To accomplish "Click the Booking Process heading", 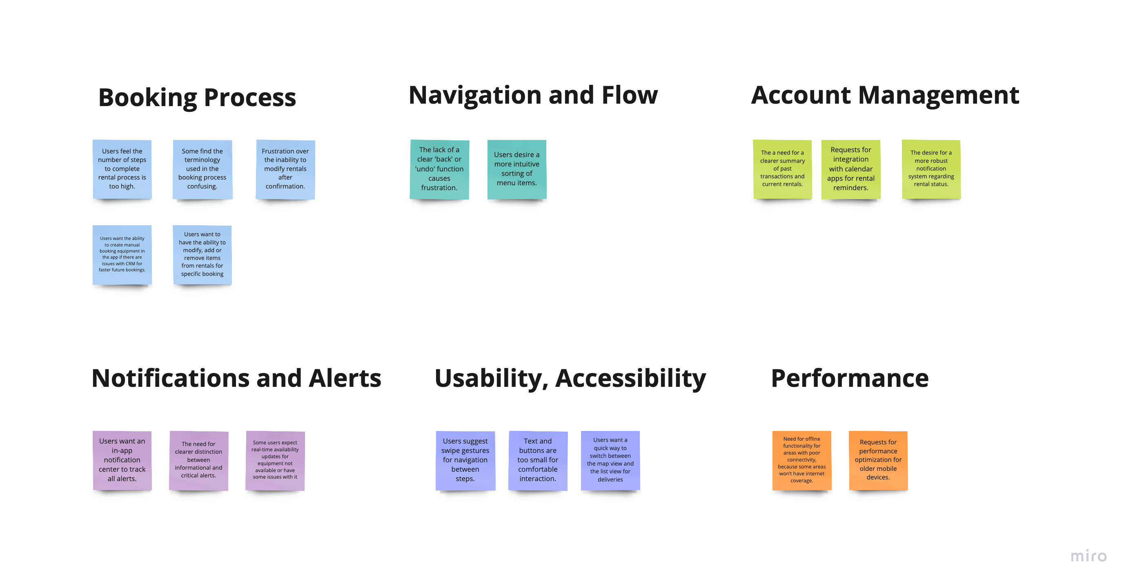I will click(x=197, y=97).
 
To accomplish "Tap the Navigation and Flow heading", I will click(x=533, y=95).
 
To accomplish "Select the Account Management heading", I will click(x=885, y=95).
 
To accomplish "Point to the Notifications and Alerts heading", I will click(x=236, y=378).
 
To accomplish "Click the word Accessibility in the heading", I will click(x=630, y=378).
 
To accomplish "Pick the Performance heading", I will click(x=850, y=378).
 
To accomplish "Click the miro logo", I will click(x=1088, y=556).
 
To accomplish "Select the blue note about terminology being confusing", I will click(x=203, y=169).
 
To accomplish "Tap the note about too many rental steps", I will click(x=122, y=169).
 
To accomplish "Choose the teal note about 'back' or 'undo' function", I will click(x=439, y=169).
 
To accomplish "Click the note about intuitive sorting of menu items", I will click(x=517, y=169).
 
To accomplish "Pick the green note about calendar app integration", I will click(x=850, y=169).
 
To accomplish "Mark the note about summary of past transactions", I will click(x=782, y=169).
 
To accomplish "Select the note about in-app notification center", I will click(x=122, y=460).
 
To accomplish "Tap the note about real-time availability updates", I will click(x=275, y=460).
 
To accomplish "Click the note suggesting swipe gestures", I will click(x=465, y=460).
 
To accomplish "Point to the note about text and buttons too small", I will click(x=537, y=460).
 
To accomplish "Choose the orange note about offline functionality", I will click(x=802, y=460).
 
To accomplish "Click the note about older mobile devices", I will click(x=878, y=460).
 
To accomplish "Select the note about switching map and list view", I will click(x=610, y=460).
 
